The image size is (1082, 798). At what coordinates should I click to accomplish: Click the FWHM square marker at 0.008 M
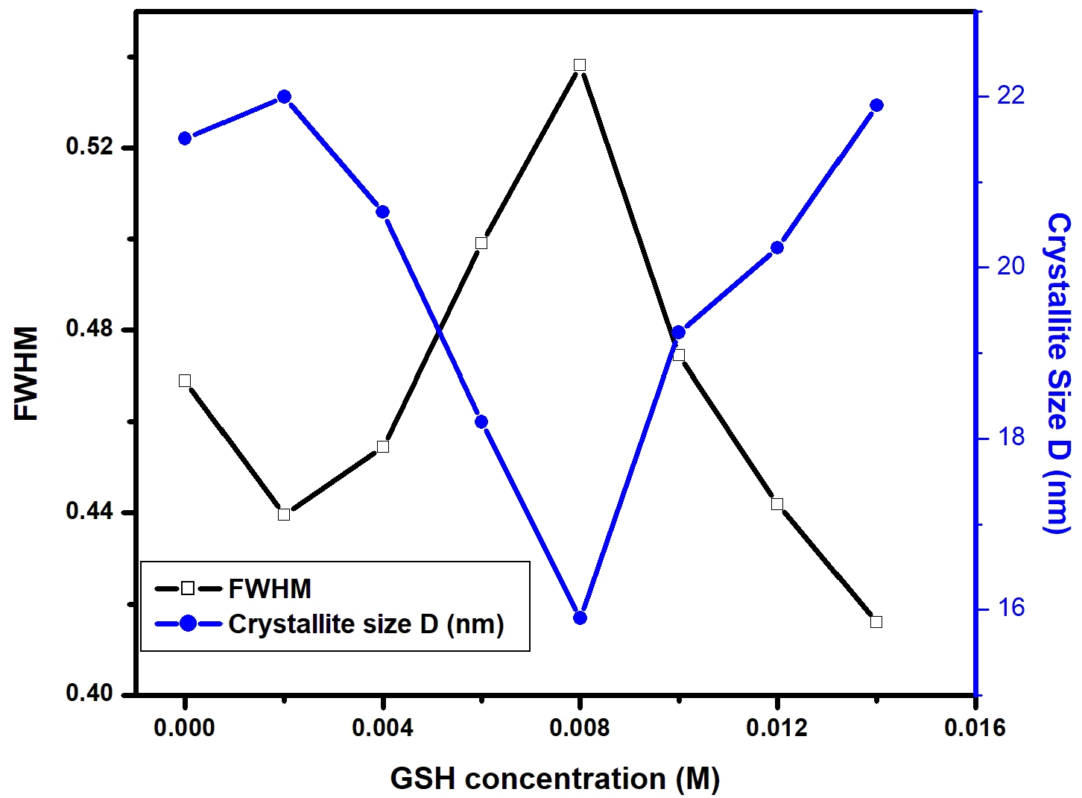[580, 65]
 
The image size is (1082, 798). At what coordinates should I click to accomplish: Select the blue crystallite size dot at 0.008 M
[580, 618]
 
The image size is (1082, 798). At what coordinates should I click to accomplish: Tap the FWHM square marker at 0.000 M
[185, 381]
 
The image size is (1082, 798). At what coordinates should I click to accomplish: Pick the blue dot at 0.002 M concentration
[284, 97]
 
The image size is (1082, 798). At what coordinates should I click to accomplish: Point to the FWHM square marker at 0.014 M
[876, 622]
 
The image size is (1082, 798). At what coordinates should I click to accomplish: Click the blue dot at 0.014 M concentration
[876, 105]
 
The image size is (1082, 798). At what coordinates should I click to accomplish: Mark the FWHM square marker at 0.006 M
[481, 243]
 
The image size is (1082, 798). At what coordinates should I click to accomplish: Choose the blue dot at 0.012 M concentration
[777, 248]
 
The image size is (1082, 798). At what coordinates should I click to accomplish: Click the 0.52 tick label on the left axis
[90, 146]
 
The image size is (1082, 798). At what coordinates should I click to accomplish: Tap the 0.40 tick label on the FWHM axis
[90, 693]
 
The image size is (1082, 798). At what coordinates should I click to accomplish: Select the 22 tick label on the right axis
[1011, 95]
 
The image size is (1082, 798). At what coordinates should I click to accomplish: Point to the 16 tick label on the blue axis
[1011, 608]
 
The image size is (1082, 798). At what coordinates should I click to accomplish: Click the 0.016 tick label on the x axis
[975, 728]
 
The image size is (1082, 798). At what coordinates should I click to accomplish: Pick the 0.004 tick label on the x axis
[382, 728]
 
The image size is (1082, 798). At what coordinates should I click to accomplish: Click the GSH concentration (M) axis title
[555, 779]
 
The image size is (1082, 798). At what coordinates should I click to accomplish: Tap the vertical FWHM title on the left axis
[26, 373]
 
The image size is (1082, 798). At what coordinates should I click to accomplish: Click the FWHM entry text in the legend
[270, 589]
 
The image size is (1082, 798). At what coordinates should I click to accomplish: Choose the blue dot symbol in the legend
[188, 623]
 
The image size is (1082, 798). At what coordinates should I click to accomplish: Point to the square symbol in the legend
[188, 589]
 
